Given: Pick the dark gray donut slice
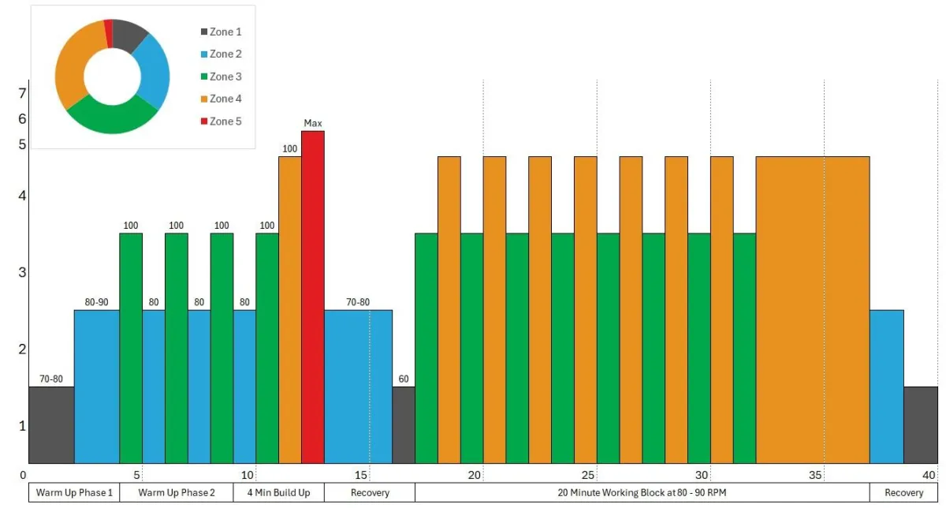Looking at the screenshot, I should click(129, 35).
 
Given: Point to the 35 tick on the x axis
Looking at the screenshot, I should click(815, 475).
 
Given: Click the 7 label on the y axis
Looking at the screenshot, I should click(23, 93).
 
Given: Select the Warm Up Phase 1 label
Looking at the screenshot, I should click(74, 493).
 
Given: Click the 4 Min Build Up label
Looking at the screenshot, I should click(278, 493).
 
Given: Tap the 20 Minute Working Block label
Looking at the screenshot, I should click(642, 493).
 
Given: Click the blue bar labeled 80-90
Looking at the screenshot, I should click(96, 387).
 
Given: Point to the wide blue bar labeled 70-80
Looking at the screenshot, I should click(358, 387).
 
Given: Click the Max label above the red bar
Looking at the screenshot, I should click(313, 123).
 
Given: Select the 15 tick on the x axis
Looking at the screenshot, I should click(361, 475).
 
